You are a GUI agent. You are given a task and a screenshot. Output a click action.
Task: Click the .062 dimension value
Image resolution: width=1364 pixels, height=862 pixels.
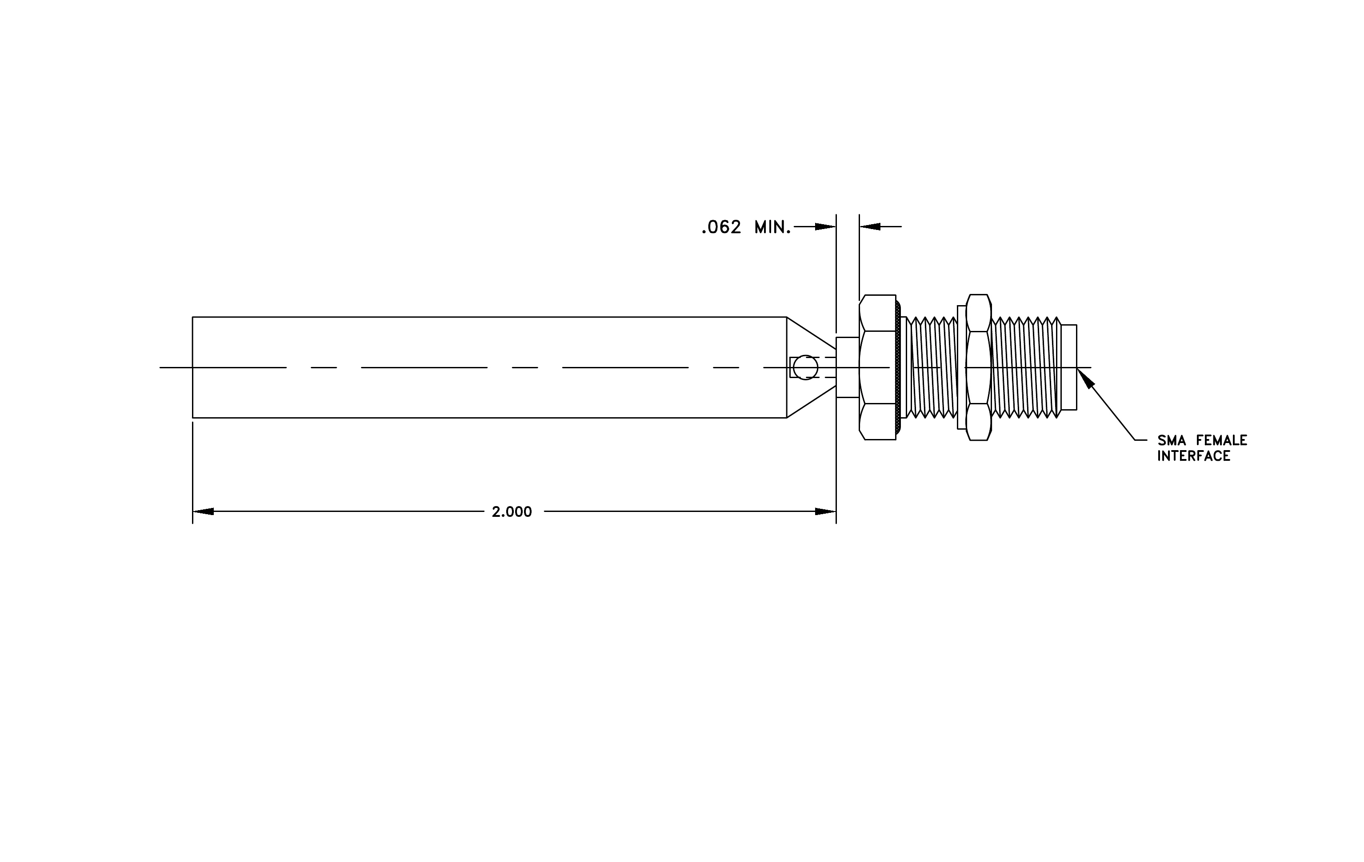coord(721,227)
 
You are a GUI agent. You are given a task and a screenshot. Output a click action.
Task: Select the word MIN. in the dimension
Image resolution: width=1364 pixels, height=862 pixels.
coord(772,227)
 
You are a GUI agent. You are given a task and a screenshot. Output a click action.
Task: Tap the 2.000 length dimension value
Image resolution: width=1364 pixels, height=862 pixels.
coord(512,512)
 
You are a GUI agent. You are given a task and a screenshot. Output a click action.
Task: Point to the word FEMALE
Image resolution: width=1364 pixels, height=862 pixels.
coord(1221,440)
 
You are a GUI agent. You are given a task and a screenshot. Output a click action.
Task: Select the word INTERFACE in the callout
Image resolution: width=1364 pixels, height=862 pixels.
coord(1193,456)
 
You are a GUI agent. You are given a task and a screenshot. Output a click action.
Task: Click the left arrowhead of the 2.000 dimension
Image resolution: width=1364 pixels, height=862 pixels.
coord(204,512)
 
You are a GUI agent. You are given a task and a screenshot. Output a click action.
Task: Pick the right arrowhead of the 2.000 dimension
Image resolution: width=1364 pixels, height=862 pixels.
coord(825,512)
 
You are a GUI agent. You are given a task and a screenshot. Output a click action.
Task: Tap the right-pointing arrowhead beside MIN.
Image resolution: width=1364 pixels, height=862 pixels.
coord(825,227)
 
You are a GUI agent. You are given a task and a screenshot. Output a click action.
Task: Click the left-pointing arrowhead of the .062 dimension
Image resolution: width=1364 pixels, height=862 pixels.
coord(870,227)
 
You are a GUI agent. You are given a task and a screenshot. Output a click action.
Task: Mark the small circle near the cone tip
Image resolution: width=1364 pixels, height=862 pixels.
coord(805,367)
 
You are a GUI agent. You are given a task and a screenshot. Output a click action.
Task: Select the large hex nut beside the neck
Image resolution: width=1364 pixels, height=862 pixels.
coord(877,367)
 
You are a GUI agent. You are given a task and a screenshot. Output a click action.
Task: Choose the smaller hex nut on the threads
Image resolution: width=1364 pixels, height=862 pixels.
coord(978,367)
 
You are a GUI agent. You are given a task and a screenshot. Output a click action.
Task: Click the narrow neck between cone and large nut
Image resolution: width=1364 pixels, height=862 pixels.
coord(848,367)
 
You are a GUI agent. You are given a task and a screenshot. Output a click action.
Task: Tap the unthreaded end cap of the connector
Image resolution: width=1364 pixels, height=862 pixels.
coord(1069,367)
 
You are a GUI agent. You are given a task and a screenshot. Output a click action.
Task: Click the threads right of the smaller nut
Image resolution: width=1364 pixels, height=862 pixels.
coord(1026,367)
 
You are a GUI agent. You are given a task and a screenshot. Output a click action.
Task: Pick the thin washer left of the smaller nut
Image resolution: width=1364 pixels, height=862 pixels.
coord(961,367)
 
